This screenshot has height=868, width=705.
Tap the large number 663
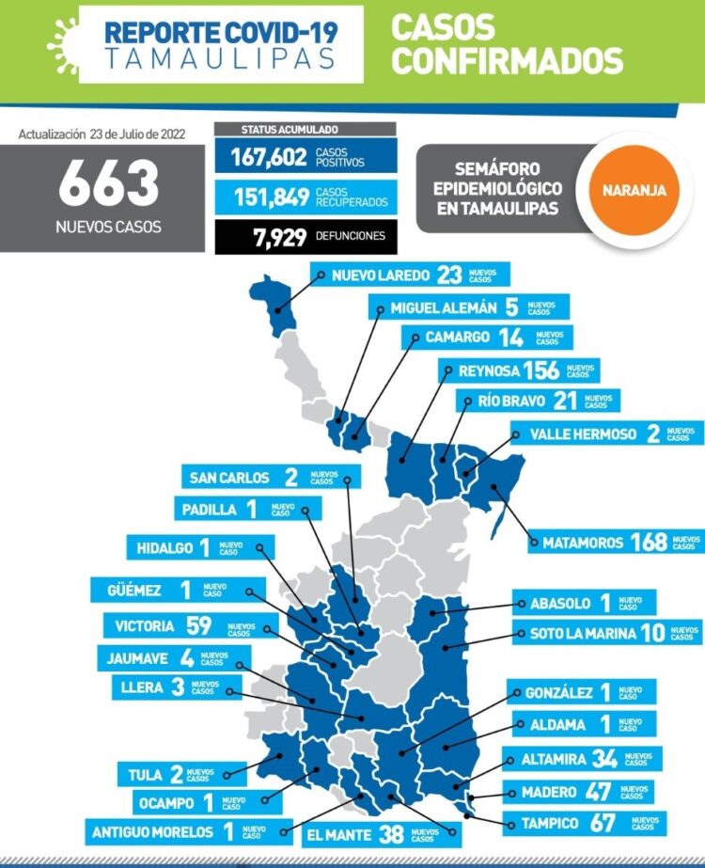108,184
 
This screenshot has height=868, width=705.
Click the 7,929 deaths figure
280,236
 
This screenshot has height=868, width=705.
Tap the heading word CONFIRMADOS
508,61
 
